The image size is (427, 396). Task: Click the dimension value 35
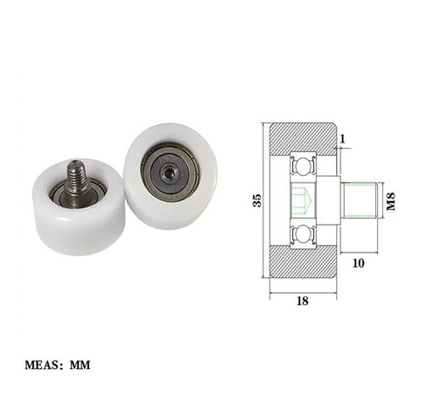(257, 200)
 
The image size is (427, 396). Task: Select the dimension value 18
(303, 301)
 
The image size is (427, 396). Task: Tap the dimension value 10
(359, 263)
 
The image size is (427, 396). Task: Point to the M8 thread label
(390, 201)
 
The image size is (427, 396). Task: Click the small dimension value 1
(343, 139)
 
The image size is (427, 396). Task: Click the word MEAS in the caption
(42, 365)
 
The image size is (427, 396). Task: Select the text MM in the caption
(80, 365)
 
